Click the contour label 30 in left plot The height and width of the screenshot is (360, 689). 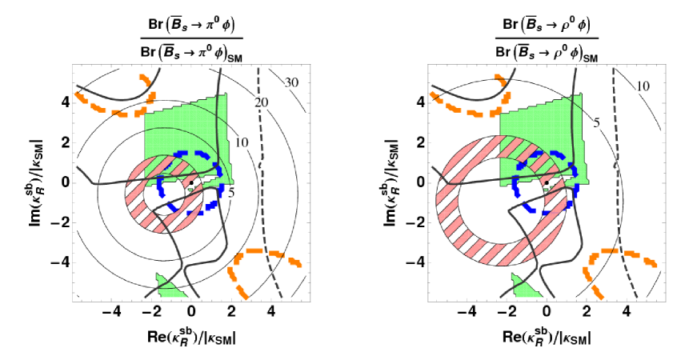pos(292,82)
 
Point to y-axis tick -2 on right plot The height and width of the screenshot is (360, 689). pos(415,222)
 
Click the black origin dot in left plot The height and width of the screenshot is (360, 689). pos(191,183)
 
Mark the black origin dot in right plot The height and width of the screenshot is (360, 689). pos(546,183)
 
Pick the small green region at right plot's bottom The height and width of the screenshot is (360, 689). pos(522,284)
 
